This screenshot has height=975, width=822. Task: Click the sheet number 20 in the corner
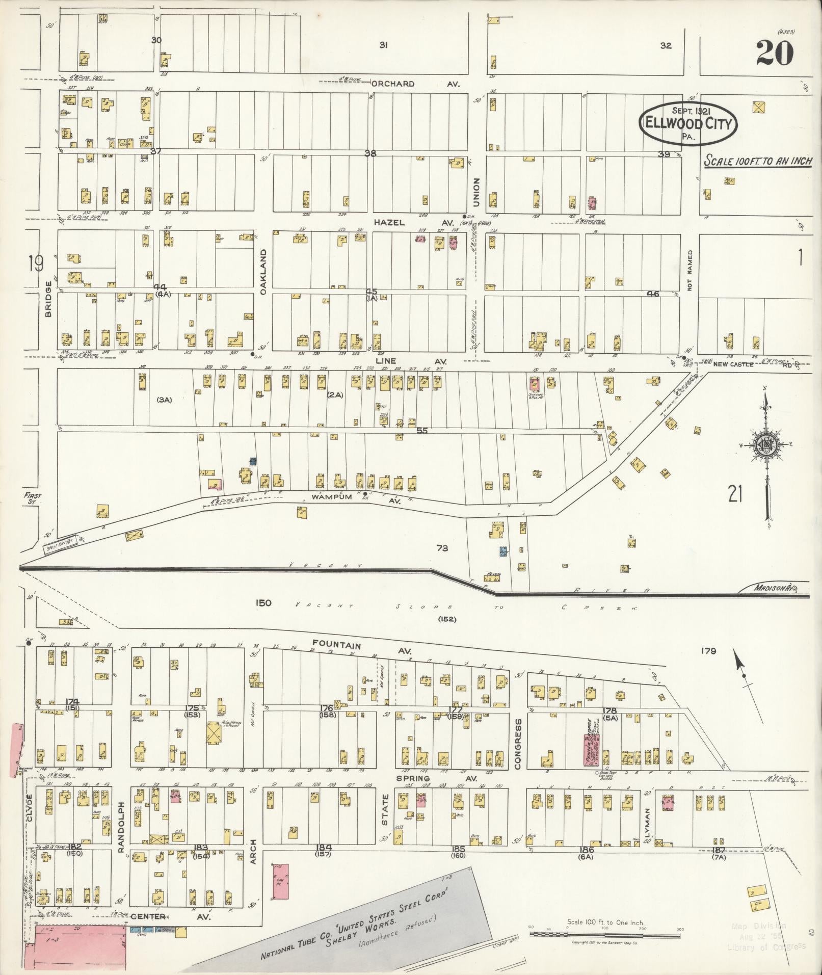tap(774, 52)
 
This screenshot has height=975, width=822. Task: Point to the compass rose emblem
tap(765, 445)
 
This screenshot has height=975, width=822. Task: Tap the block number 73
tap(442, 548)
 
